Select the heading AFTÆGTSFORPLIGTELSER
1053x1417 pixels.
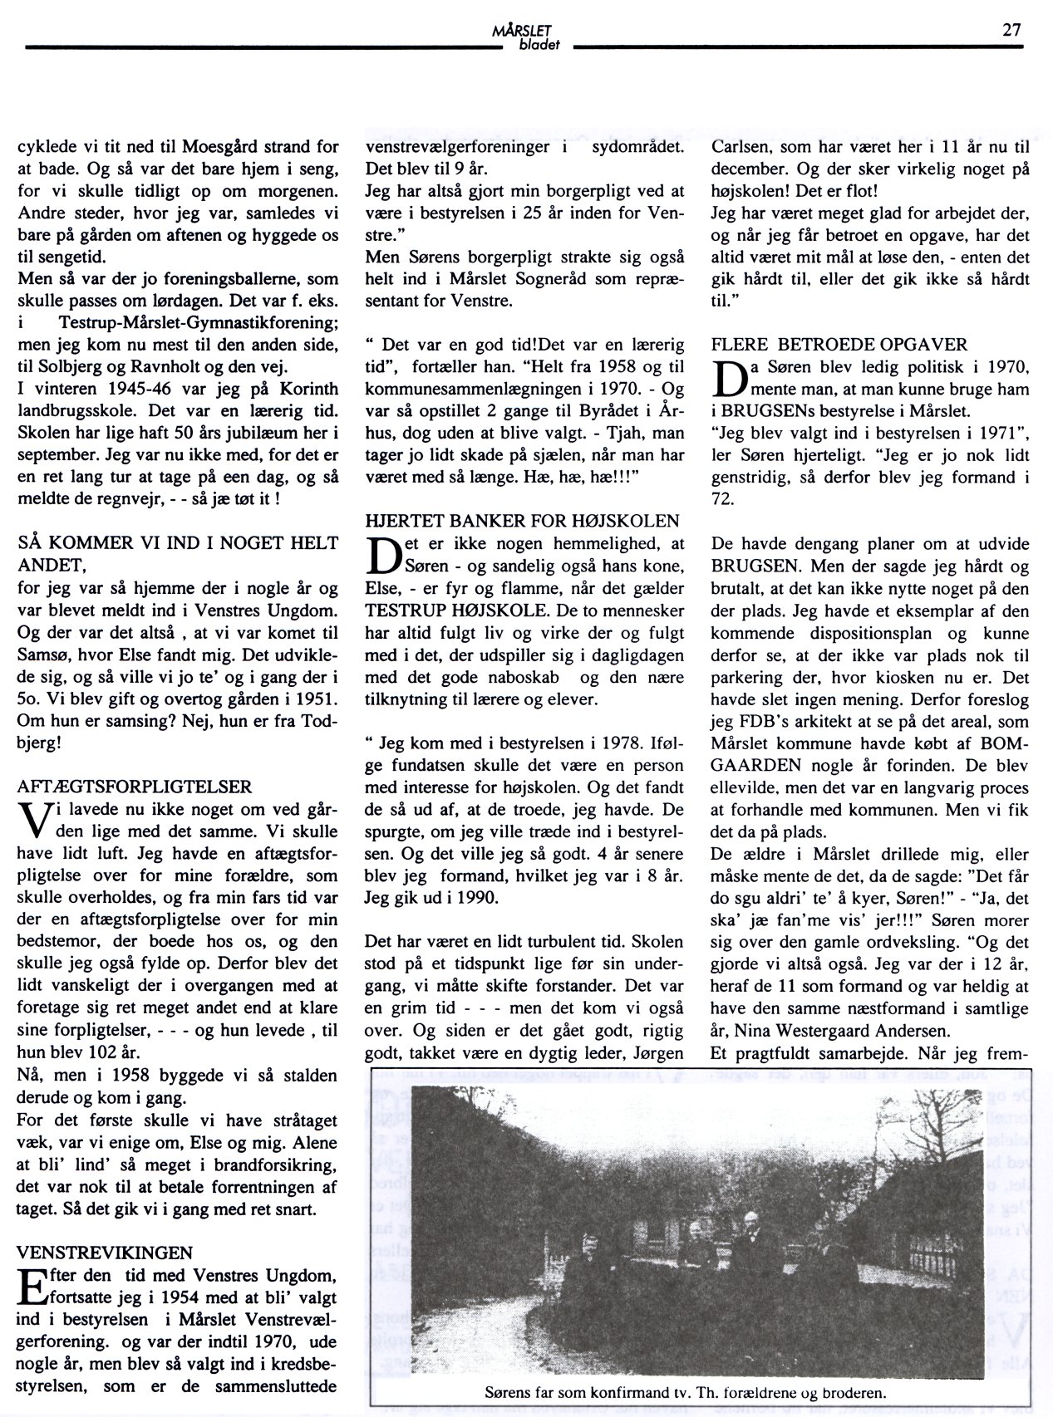point(135,785)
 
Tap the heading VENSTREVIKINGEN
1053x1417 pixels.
point(105,1251)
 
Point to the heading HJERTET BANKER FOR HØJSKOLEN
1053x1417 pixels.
point(523,521)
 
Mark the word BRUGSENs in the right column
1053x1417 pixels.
point(771,410)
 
